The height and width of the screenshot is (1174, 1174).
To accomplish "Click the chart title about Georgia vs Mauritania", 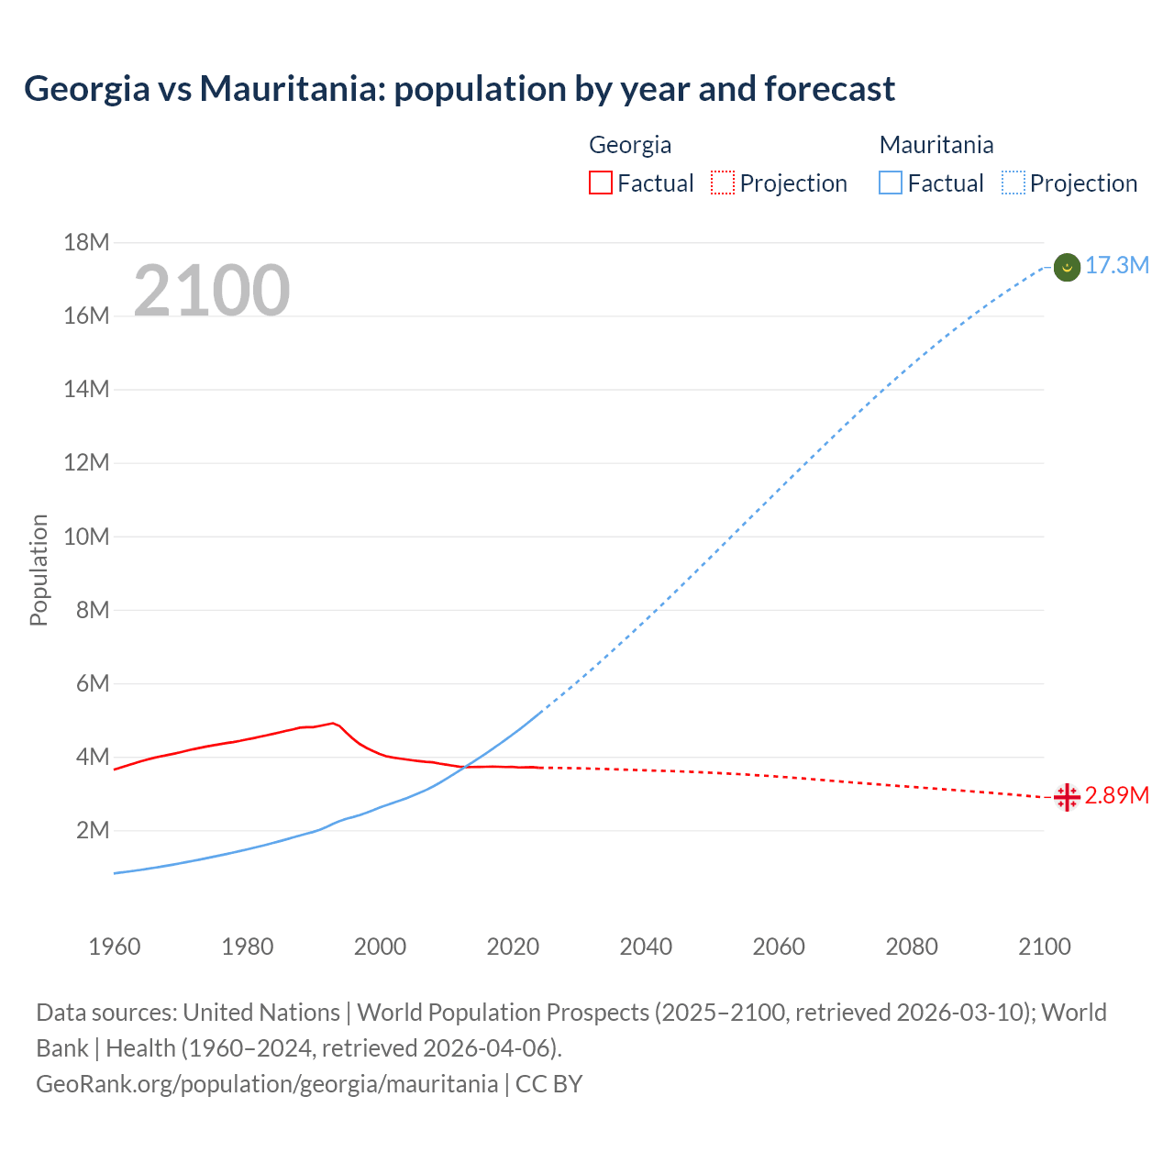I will coord(459,89).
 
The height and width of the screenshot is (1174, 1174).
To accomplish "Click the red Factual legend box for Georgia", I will coord(600,183).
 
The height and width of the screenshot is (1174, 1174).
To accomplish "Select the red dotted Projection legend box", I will coord(723,183).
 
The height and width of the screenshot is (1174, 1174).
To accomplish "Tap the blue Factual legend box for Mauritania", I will coord(890,183).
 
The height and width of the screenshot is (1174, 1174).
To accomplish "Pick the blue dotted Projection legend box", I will coord(1013,183).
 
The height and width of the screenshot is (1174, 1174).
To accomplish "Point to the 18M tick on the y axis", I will coord(86,242).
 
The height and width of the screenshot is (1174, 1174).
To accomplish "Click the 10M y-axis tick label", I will coord(86,537).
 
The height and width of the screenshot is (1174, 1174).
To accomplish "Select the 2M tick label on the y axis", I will coord(92,831).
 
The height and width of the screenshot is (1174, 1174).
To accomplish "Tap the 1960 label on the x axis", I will coord(115,947).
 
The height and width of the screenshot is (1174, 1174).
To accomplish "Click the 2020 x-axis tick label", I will coord(513,947).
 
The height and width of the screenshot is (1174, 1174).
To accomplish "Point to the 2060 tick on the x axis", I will coord(779,947).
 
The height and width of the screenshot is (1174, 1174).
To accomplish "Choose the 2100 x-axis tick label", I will coord(1044,947).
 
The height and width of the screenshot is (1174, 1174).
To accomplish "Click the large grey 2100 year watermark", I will coord(212,291).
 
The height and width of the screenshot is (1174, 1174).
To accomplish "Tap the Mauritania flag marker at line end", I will coord(1067,267).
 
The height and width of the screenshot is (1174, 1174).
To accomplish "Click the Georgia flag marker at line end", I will coord(1067,797).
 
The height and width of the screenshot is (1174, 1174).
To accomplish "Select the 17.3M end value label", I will coord(1117,266).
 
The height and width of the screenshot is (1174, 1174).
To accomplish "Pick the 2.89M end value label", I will coord(1117,795).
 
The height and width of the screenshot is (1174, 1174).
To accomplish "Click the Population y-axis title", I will coord(39,570).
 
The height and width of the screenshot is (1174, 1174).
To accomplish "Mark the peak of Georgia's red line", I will coord(333,723).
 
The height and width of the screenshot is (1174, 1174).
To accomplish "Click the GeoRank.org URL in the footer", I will coord(267,1084).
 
